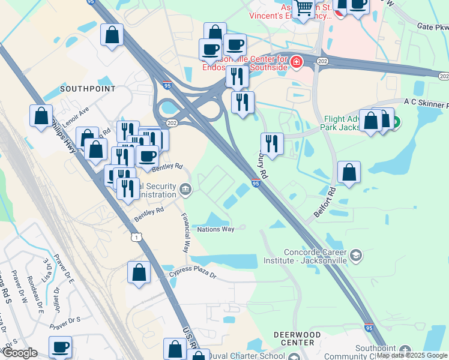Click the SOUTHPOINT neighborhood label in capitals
pos(88,89)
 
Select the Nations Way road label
pos(215,229)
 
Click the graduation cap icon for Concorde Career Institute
pos(356,256)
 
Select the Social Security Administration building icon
pos(185,191)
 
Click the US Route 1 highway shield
pos(137,238)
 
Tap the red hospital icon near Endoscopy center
pos(297,62)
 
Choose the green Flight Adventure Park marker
pos(396,124)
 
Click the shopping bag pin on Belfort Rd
pos(349,172)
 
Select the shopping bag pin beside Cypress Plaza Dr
pos(139,273)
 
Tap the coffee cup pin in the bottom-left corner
pos(59,347)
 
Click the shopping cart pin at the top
pos(304,8)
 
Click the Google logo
pos(20,353)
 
